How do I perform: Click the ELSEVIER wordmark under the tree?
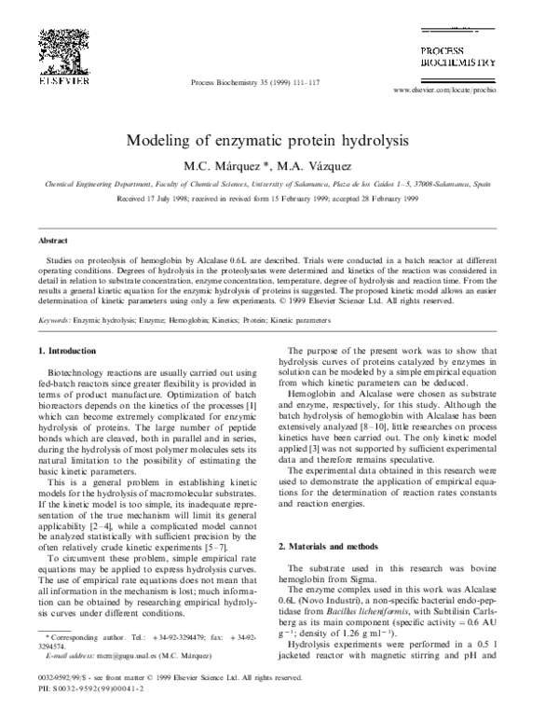coord(62,79)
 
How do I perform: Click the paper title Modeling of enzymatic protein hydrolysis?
coord(279,143)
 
